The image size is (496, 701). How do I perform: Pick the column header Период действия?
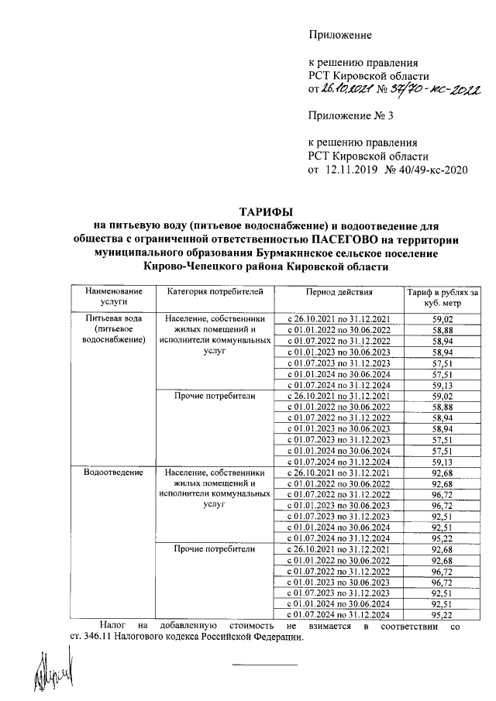click(x=339, y=292)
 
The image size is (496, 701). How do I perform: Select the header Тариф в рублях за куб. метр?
click(x=443, y=297)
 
